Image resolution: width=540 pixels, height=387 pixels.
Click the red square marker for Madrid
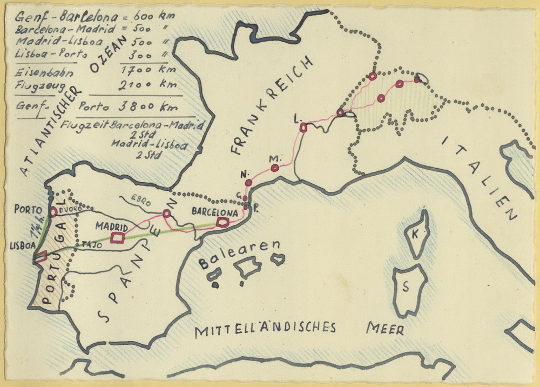point(117,237)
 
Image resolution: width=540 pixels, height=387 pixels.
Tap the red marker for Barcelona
point(222,222)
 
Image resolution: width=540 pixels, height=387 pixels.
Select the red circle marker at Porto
point(53,212)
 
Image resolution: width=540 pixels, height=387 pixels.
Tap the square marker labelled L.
point(303,128)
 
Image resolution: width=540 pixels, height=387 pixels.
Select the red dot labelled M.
point(275,168)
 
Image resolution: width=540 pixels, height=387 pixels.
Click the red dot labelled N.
point(248,183)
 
